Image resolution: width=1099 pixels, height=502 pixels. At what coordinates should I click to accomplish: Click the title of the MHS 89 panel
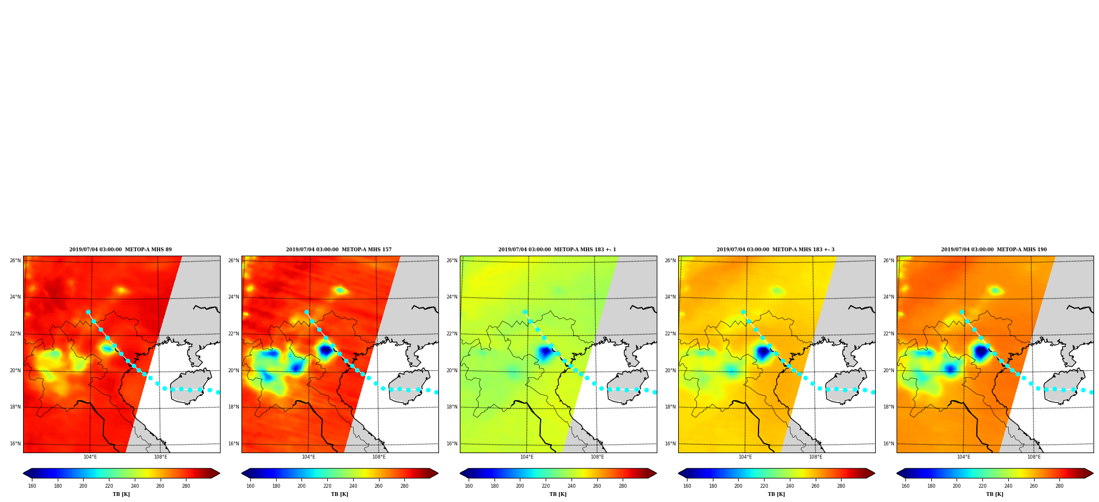pos(120,250)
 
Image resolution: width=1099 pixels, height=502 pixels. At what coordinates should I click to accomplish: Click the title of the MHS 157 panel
pos(339,250)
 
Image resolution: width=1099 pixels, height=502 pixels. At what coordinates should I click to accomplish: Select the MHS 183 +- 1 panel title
pos(557,250)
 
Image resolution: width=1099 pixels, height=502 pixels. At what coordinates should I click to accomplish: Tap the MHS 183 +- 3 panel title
pos(776,250)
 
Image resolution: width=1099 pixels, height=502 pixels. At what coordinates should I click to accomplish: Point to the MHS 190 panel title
pos(994,250)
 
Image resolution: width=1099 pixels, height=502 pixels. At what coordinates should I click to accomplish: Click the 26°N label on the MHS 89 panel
pos(15,261)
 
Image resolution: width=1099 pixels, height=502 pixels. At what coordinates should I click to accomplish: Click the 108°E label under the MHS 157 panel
pos(379,457)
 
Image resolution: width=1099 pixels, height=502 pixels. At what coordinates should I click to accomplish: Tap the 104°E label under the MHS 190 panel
pos(964,457)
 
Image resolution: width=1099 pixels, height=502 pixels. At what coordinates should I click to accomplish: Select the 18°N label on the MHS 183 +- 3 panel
pos(671,407)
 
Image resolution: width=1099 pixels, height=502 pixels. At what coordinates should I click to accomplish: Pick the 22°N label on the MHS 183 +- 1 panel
pos(452,334)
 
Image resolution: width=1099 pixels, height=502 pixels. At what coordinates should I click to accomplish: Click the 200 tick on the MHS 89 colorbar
pos(83,486)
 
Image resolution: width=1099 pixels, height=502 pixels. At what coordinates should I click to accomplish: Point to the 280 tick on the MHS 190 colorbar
pos(1059,486)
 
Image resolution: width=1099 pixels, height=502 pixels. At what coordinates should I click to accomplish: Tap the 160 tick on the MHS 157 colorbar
pos(250,486)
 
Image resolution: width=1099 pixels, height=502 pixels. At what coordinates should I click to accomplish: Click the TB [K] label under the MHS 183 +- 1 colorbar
pos(558,494)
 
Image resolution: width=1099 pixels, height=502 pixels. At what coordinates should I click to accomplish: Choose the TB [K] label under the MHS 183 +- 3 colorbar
pos(777,494)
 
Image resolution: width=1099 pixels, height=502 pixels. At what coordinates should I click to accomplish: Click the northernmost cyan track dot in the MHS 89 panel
pos(88,312)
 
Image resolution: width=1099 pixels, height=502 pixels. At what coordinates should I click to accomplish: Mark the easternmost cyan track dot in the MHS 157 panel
pos(436,392)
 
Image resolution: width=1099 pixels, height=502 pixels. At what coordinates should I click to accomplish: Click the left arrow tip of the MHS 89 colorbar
pos(23,473)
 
